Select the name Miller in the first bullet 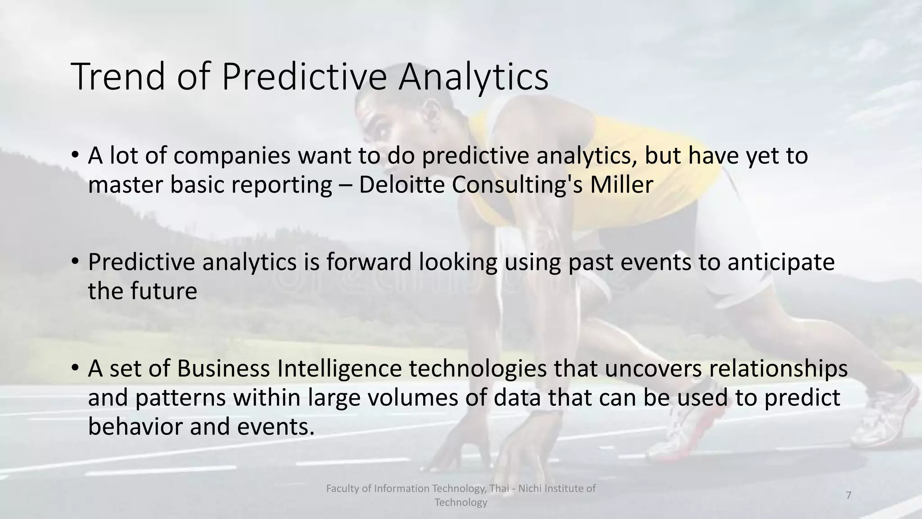click(x=621, y=185)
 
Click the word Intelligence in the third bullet click(x=339, y=369)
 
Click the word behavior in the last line click(x=135, y=426)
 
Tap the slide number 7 click(x=849, y=495)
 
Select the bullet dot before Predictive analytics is click(x=75, y=261)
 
